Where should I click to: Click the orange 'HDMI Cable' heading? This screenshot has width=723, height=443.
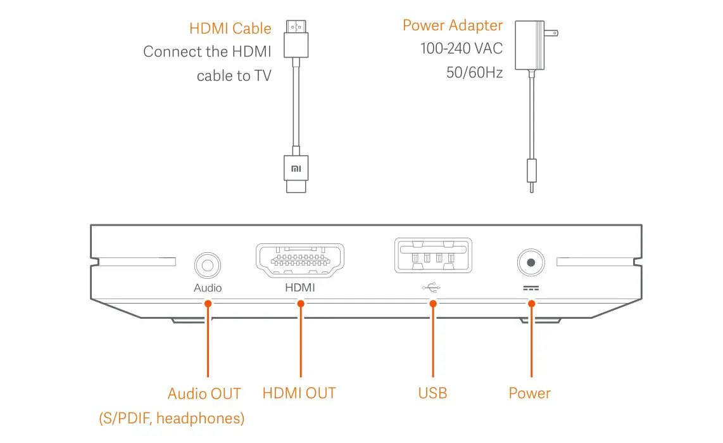point(230,29)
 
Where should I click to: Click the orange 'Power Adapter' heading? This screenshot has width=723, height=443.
point(452,25)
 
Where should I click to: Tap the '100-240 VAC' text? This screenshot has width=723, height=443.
point(461,49)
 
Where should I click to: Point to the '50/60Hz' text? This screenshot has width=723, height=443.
point(474,73)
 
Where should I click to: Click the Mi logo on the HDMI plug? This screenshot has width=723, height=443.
point(296,169)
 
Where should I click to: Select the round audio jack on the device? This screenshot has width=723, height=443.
point(208,263)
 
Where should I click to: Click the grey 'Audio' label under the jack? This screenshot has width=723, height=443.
point(208,288)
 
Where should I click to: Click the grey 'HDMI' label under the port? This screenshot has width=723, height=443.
point(299,288)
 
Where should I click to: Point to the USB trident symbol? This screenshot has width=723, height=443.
point(432,287)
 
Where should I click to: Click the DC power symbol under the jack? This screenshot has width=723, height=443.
point(531,287)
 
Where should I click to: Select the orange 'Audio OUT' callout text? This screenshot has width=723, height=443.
point(204,394)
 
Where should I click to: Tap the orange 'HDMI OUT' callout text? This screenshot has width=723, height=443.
point(299,393)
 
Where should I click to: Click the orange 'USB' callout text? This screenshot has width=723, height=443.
point(432,393)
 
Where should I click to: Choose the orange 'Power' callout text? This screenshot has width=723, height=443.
point(529,393)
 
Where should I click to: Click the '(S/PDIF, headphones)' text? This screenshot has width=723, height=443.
point(171,418)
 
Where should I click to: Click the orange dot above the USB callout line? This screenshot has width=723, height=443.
point(433,304)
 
